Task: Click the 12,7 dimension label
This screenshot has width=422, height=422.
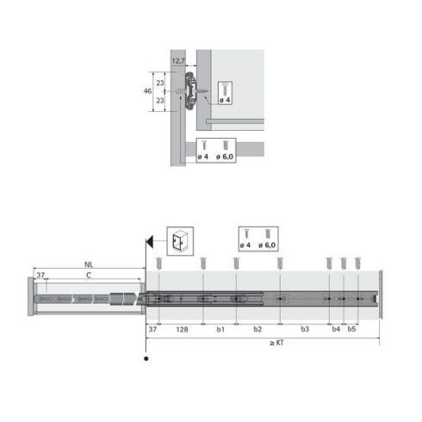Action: click(x=178, y=61)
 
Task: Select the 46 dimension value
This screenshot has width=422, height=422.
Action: click(x=147, y=90)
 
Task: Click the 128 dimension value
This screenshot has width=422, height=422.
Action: click(x=183, y=328)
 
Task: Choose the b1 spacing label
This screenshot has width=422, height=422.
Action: click(x=220, y=328)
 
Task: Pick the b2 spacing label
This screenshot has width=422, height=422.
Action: click(x=258, y=328)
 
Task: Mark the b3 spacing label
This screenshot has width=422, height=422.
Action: click(x=305, y=328)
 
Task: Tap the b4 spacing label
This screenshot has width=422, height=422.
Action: click(x=337, y=328)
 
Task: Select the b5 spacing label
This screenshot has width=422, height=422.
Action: click(x=351, y=328)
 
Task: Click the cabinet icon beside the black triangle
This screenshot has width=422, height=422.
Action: click(x=179, y=239)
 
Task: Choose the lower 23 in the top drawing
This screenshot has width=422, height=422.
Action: click(x=160, y=100)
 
